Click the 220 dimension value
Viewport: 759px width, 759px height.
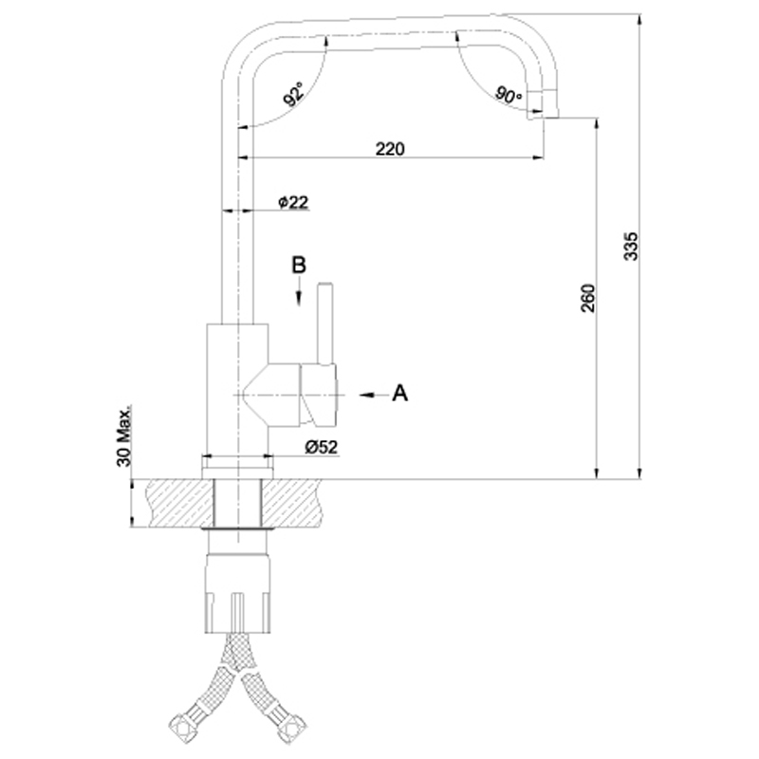pyautogui.click(x=390, y=149)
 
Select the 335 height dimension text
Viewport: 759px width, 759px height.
pyautogui.click(x=631, y=247)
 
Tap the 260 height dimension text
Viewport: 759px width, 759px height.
pyautogui.click(x=587, y=298)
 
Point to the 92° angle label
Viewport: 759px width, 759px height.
pyautogui.click(x=294, y=93)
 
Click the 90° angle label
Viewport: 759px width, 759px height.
pyautogui.click(x=509, y=94)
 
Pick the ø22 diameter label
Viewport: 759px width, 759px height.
pyautogui.click(x=293, y=202)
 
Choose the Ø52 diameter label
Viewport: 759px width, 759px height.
pyautogui.click(x=322, y=447)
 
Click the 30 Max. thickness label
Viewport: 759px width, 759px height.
pyautogui.click(x=124, y=436)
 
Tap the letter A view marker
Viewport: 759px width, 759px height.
pyautogui.click(x=399, y=393)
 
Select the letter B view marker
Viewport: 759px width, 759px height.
pyautogui.click(x=299, y=266)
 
